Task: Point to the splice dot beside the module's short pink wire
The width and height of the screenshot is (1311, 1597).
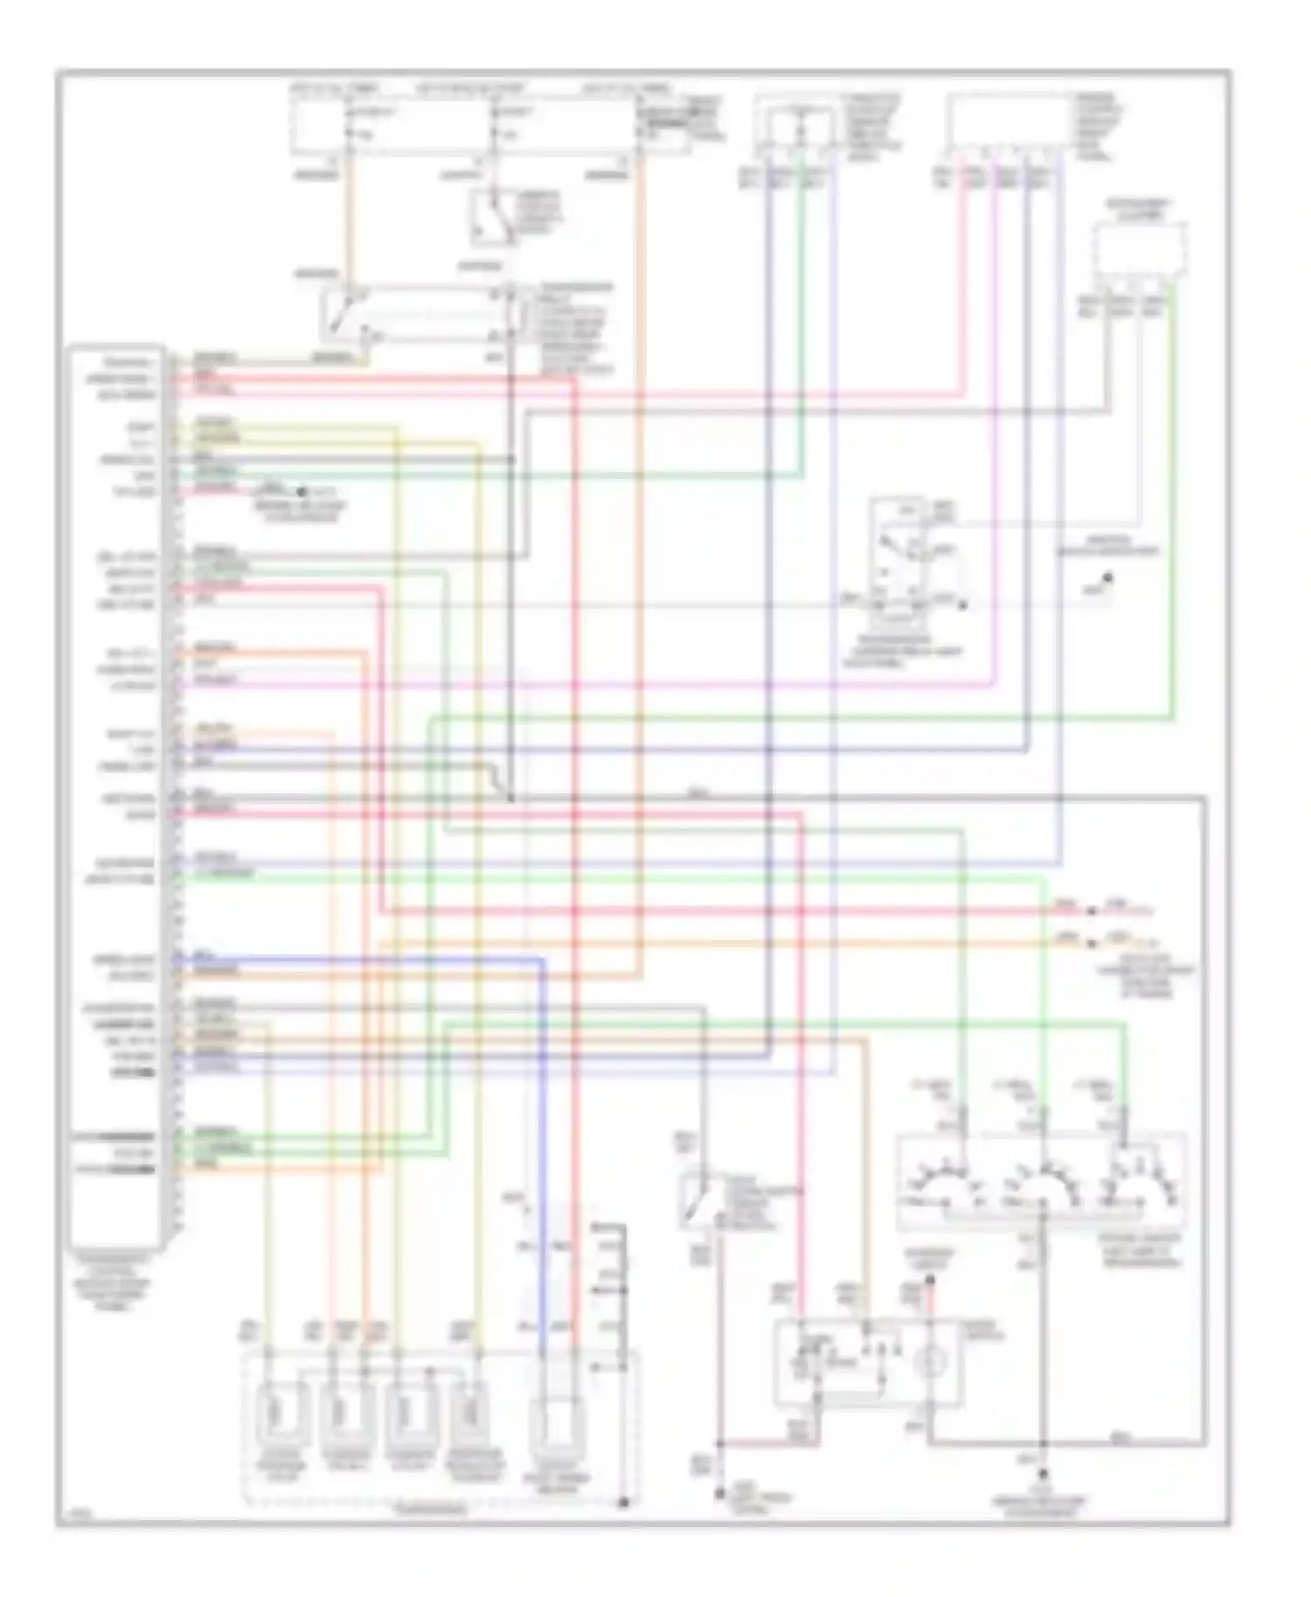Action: [x=302, y=493]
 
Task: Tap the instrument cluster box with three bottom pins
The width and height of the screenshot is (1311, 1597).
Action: [x=1139, y=250]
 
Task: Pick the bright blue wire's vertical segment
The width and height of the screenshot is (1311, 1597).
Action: [x=542, y=1136]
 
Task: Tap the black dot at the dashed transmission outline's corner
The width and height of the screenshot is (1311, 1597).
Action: [x=624, y=1503]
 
